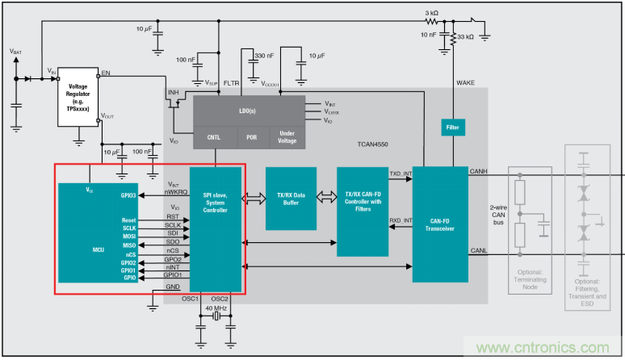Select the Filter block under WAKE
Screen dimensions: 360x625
tap(453, 128)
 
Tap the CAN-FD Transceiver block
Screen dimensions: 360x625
tap(439, 224)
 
